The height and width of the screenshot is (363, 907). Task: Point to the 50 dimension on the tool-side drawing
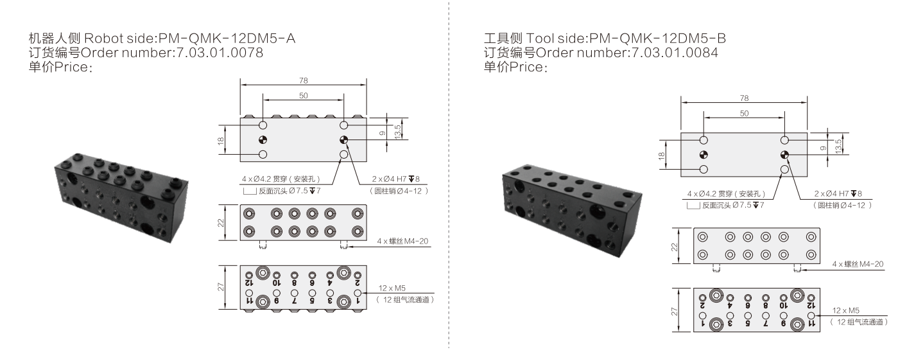point(744,113)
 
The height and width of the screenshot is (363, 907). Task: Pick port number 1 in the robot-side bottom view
point(358,301)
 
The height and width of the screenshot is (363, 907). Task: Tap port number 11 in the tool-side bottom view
point(810,324)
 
